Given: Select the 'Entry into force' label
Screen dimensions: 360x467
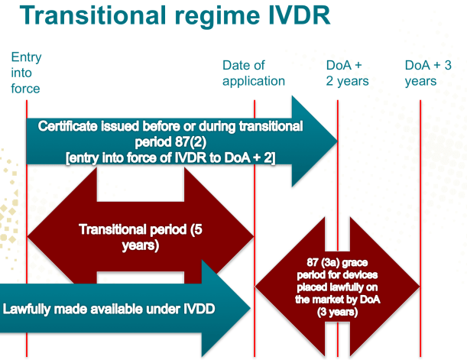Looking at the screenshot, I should point(26,73).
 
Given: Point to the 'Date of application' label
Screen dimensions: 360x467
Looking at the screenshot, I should point(253,73).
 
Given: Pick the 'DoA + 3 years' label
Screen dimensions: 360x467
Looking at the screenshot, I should point(428,73).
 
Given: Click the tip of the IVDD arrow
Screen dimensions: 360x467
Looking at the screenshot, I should point(250,310).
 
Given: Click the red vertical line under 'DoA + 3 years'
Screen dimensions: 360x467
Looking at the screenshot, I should point(420,229).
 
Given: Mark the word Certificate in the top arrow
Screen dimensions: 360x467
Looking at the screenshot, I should point(70,126).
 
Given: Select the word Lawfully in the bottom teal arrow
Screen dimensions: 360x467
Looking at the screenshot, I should point(30,310).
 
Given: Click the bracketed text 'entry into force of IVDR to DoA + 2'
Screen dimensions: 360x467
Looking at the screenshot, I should point(170,157).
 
